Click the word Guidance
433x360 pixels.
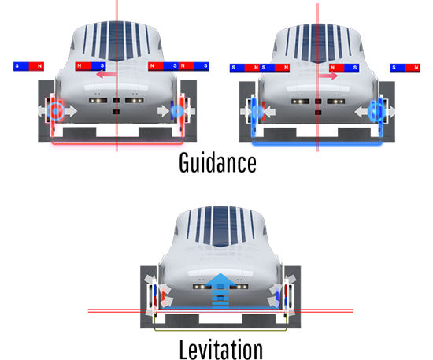pyautogui.click(x=217, y=163)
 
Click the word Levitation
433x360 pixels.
pyautogui.click(x=221, y=350)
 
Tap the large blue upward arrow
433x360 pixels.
pyautogui.click(x=220, y=290)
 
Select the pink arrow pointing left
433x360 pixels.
pyautogui.click(x=106, y=74)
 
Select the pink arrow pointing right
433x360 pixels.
pyautogui.click(x=328, y=76)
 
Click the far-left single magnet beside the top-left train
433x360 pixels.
pyautogui.click(x=28, y=66)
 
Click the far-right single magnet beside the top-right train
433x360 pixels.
pyautogui.click(x=405, y=68)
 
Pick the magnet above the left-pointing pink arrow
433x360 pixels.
pyautogui.click(x=91, y=66)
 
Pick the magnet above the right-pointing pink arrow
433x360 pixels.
pyautogui.click(x=344, y=68)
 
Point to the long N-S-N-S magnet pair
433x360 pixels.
pyautogui.click(x=179, y=66)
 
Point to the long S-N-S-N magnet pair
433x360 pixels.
pyautogui.click(x=260, y=68)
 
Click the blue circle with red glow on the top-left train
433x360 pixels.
pyautogui.click(x=56, y=111)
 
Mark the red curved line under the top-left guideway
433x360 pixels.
pyautogui.click(x=117, y=143)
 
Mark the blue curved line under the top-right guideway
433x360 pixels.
pyautogui.click(x=317, y=143)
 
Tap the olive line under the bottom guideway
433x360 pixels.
pyautogui.click(x=220, y=329)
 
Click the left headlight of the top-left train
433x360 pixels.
pyautogui.click(x=98, y=100)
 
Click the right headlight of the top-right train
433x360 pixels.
pyautogui.click(x=336, y=102)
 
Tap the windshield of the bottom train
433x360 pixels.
pyautogui.click(x=220, y=227)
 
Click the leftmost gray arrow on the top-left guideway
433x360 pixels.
pyautogui.click(x=42, y=111)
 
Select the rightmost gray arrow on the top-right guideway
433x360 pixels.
pyautogui.click(x=390, y=112)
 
